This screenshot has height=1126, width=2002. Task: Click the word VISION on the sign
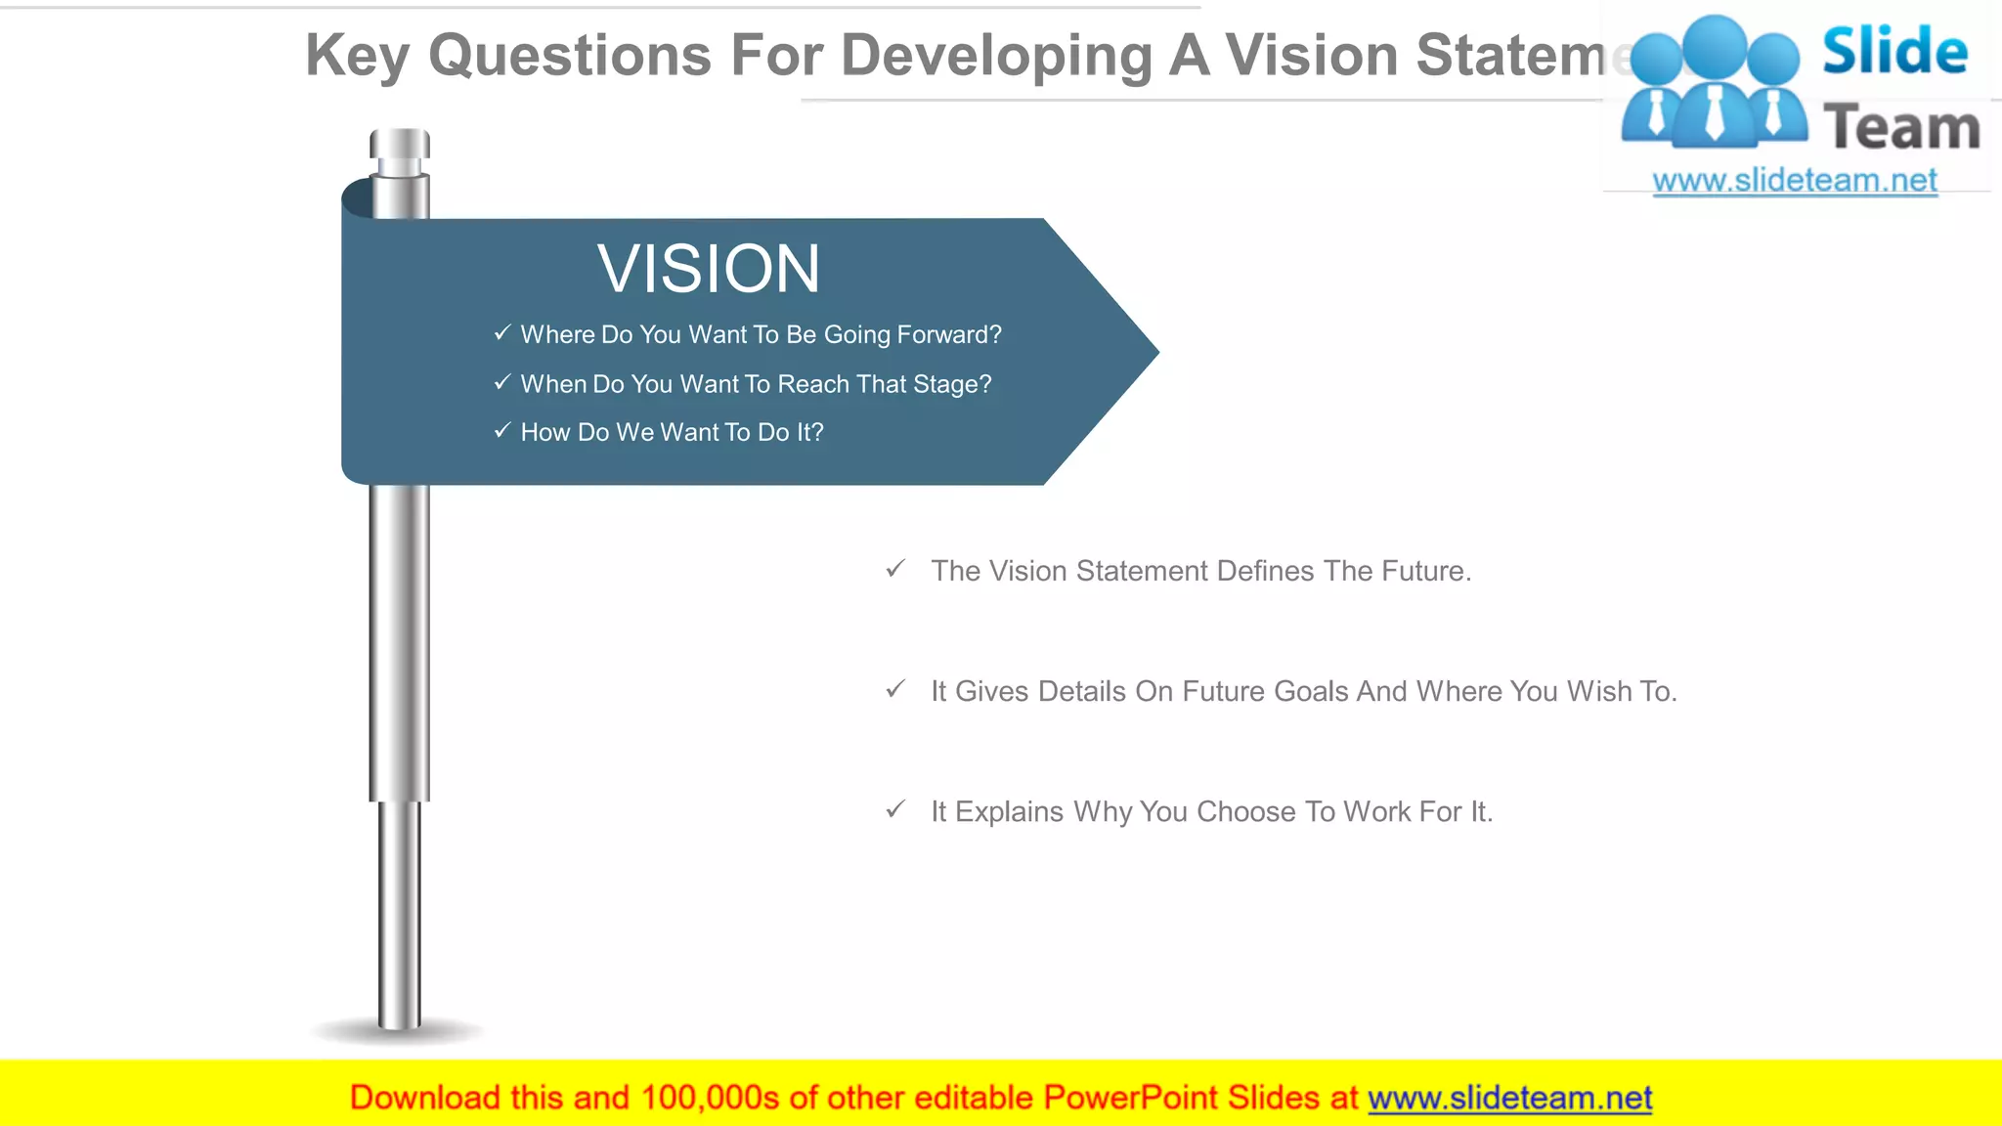tap(709, 269)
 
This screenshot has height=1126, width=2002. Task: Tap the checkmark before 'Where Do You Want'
tap(502, 333)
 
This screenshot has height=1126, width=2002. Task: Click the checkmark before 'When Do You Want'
tap(502, 382)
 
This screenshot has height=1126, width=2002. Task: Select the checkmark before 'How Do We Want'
tap(502, 430)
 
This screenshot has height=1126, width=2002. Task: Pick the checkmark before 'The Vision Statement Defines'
tap(895, 569)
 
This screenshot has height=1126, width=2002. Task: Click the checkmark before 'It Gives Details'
tap(895, 690)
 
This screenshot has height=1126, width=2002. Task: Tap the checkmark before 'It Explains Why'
tap(895, 810)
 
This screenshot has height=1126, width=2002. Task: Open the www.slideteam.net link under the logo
tap(1795, 181)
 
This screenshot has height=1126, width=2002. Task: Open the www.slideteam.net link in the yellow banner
tap(1509, 1099)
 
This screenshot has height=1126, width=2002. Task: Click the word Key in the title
tap(357, 56)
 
